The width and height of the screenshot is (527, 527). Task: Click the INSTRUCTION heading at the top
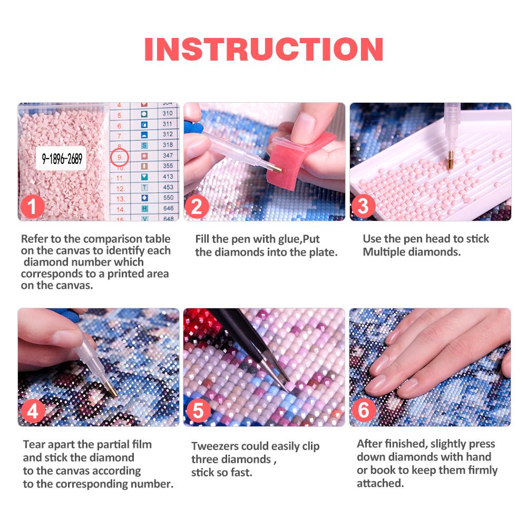click(x=263, y=48)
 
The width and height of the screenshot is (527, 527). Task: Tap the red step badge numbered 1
click(x=33, y=206)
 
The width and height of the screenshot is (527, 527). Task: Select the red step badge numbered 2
click(x=197, y=206)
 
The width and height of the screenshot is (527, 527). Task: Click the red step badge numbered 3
click(x=363, y=206)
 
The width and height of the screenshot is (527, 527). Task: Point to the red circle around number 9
click(x=120, y=157)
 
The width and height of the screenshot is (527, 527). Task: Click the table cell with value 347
click(x=168, y=156)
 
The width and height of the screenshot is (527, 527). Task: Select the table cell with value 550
click(x=168, y=198)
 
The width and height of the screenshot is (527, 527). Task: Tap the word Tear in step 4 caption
click(x=34, y=444)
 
